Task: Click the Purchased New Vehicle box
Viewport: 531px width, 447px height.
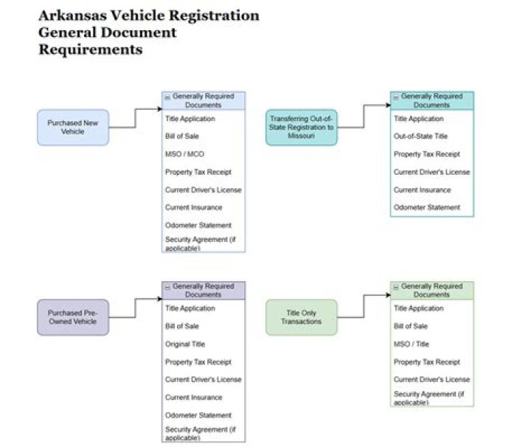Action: coord(73,127)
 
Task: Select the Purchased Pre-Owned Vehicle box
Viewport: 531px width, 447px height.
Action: coord(73,317)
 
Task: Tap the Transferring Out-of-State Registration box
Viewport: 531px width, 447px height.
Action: coord(301,127)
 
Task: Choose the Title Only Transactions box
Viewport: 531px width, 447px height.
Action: coord(301,317)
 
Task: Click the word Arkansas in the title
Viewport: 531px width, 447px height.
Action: coord(76,15)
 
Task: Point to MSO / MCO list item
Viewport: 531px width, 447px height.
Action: coord(184,154)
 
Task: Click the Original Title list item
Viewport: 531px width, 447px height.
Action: coord(185,344)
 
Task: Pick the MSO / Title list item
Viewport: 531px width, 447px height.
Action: coord(412,344)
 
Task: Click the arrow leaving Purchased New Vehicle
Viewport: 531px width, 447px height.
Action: coord(135,118)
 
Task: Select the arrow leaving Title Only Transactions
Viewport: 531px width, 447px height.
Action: coord(364,308)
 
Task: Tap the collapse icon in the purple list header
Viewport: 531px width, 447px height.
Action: coord(167,286)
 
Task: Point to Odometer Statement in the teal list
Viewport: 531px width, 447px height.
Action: coord(427,208)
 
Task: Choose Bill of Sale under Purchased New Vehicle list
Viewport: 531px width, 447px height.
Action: coord(182,136)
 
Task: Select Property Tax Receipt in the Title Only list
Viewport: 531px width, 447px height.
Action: coord(427,362)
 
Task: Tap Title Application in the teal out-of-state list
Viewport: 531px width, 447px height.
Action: coord(419,119)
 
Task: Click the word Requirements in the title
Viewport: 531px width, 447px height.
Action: coord(90,50)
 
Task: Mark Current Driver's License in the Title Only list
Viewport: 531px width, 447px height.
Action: coord(431,380)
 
